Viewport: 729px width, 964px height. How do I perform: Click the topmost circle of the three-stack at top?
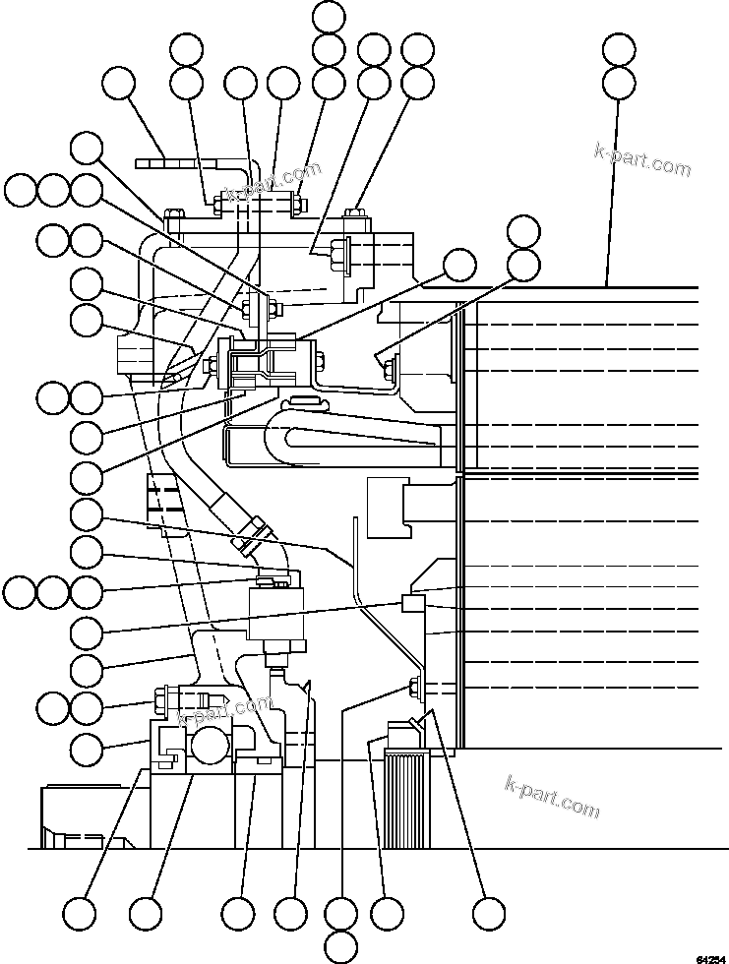[x=329, y=17]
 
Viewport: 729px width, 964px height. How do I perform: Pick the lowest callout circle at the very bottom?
[x=340, y=947]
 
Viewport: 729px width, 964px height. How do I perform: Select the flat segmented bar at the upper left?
[x=180, y=162]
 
